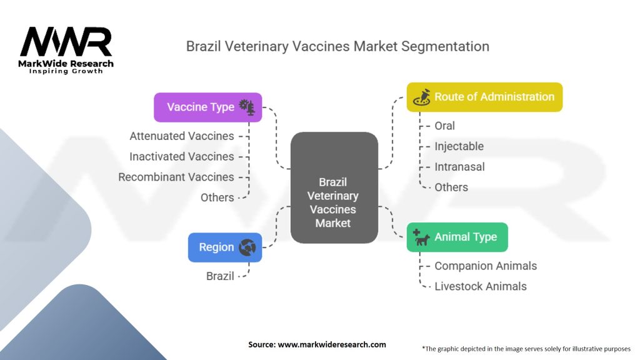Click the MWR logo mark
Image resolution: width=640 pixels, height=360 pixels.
pyautogui.click(x=66, y=42)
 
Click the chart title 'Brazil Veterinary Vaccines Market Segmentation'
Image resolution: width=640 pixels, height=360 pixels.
pyautogui.click(x=337, y=46)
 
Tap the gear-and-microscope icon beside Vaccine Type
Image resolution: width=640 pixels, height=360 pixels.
pyautogui.click(x=247, y=107)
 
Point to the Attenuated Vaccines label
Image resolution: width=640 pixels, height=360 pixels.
pyautogui.click(x=182, y=136)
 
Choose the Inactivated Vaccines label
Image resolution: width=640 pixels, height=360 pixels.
pyautogui.click(x=182, y=156)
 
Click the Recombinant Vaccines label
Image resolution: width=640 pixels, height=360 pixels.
pyautogui.click(x=176, y=177)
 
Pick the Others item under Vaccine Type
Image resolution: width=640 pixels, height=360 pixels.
pyautogui.click(x=217, y=197)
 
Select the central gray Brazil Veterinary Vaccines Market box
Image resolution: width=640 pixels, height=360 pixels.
pyautogui.click(x=334, y=187)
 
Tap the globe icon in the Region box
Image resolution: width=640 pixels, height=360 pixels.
pyautogui.click(x=247, y=247)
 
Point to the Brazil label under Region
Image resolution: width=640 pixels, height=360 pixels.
pyautogui.click(x=220, y=276)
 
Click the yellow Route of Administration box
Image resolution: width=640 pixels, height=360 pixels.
pyautogui.click(x=484, y=97)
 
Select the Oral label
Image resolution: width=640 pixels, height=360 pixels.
pyautogui.click(x=446, y=126)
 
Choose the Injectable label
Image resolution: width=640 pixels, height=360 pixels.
pyautogui.click(x=459, y=146)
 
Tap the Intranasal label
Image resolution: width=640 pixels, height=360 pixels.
pyautogui.click(x=459, y=167)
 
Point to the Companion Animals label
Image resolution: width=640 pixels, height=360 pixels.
pyautogui.click(x=486, y=266)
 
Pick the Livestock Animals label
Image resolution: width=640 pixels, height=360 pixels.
pyautogui.click(x=481, y=286)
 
